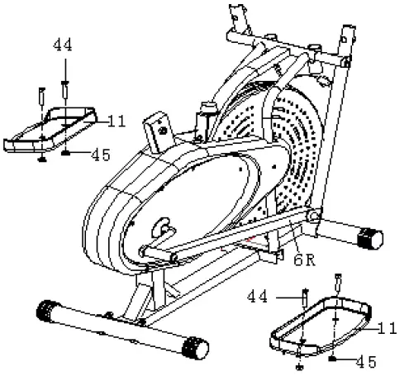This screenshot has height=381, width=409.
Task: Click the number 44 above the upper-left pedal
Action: [63, 45]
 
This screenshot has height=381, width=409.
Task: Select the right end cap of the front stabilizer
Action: [195, 348]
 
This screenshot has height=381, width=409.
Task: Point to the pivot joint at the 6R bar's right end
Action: [313, 217]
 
